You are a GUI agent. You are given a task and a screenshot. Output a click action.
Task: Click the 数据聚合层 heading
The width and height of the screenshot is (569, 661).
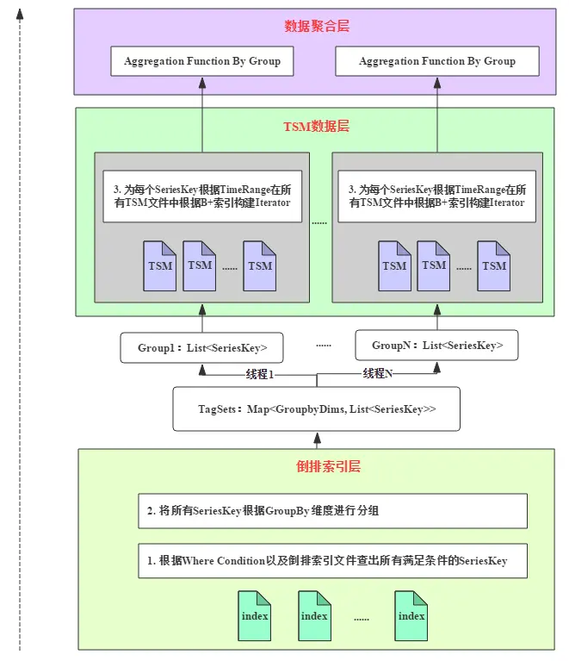(317, 27)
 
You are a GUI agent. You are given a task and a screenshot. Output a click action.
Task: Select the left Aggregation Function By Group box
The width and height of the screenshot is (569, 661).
(202, 61)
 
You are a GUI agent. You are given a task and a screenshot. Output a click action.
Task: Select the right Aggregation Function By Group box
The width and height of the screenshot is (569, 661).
(437, 61)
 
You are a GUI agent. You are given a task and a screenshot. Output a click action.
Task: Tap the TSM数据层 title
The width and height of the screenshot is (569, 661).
(317, 127)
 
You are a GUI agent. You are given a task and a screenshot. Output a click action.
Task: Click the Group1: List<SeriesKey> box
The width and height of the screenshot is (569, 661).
(202, 348)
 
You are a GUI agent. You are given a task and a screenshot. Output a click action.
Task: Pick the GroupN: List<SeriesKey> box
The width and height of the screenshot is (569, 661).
(437, 346)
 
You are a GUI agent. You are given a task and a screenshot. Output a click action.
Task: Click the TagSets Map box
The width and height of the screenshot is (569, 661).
(316, 409)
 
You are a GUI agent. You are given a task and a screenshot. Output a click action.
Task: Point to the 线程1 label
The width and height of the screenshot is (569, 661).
(259, 374)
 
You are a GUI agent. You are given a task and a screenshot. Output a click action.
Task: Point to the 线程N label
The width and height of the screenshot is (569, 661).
(377, 373)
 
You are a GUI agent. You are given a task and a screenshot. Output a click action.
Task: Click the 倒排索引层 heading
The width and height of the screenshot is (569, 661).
(317, 467)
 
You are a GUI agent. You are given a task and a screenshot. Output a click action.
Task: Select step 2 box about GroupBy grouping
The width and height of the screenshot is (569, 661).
(332, 510)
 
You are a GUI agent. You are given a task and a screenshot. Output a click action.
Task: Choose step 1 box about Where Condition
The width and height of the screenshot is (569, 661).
(332, 560)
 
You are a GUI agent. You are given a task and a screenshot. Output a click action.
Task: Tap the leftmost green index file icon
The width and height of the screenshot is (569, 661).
(255, 614)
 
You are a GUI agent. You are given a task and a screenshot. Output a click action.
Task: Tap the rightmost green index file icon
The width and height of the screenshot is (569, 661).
(411, 614)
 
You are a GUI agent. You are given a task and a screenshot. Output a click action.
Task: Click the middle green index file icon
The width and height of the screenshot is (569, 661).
(314, 614)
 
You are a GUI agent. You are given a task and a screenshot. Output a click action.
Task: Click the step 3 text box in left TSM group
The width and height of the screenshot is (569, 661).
(201, 196)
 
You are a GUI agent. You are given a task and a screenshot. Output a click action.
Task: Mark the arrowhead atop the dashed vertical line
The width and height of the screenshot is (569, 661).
(20, 11)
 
